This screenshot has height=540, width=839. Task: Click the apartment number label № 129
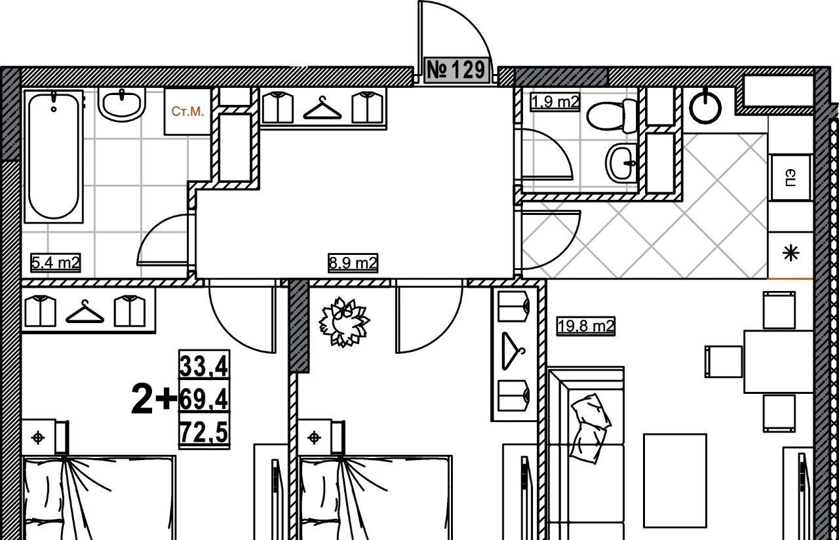pos(457,70)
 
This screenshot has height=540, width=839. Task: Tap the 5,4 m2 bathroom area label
pos(56,263)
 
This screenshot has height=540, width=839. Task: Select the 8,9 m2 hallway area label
pos(353,263)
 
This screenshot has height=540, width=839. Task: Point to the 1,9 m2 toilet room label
pos(555,102)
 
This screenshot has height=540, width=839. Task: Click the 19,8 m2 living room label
pos(586,326)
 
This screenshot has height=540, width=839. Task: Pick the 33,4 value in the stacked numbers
pos(204,366)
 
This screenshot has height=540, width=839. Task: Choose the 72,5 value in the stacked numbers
pos(204,431)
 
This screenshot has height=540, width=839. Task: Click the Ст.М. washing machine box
pos(187,111)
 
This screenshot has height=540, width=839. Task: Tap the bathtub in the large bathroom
pos(54,156)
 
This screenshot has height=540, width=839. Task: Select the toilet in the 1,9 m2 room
pos(612,115)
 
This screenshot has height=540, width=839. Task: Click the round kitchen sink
pos(705,108)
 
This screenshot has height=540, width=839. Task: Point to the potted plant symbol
pos(344,322)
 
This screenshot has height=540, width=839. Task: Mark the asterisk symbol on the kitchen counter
pos(791,254)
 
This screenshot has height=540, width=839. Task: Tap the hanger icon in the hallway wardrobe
pos(322,108)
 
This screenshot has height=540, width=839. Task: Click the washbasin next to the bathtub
pos(121,105)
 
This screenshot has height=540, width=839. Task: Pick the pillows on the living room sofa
pos(591,429)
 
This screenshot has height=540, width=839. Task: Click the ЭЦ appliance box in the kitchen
pos(790,178)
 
